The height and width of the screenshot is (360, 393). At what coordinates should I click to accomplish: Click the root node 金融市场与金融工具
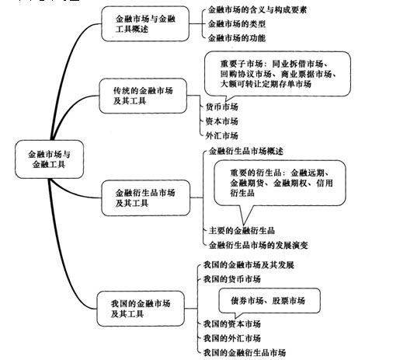coord(49,159)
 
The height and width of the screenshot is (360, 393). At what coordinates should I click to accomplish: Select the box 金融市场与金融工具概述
coord(145,24)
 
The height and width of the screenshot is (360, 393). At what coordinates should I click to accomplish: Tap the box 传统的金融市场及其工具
coord(143,96)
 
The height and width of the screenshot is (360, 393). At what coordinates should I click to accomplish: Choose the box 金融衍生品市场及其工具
coord(145,198)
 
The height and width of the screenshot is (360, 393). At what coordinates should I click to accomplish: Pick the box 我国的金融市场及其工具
coord(141,309)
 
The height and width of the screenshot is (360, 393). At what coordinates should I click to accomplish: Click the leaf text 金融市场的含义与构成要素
coord(257,10)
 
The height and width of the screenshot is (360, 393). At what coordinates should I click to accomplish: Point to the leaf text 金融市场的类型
coord(237,24)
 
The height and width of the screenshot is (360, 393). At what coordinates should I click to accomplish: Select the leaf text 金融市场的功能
coord(237,38)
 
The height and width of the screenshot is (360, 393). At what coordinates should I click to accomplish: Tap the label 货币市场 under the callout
coord(221,107)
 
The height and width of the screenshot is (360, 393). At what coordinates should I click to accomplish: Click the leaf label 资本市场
coord(221,121)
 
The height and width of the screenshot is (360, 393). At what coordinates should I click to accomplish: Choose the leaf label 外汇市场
coord(221,135)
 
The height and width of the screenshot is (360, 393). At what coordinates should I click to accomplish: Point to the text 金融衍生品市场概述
coord(246,151)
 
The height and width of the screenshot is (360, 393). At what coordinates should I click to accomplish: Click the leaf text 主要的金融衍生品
coord(242,230)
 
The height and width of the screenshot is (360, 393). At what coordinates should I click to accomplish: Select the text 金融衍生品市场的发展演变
coord(259,245)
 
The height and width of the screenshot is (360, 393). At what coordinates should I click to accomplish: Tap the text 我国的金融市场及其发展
coord(249,265)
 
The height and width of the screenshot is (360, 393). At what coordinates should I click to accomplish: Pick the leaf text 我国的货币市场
coord(232,279)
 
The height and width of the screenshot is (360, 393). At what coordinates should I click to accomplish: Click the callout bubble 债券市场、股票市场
coord(270,301)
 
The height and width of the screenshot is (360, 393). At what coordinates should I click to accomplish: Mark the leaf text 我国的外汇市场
coord(232,338)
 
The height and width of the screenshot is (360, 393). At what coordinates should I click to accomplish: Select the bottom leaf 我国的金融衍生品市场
coord(245,352)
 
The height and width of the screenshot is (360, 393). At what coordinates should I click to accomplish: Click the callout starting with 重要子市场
coord(277,74)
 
